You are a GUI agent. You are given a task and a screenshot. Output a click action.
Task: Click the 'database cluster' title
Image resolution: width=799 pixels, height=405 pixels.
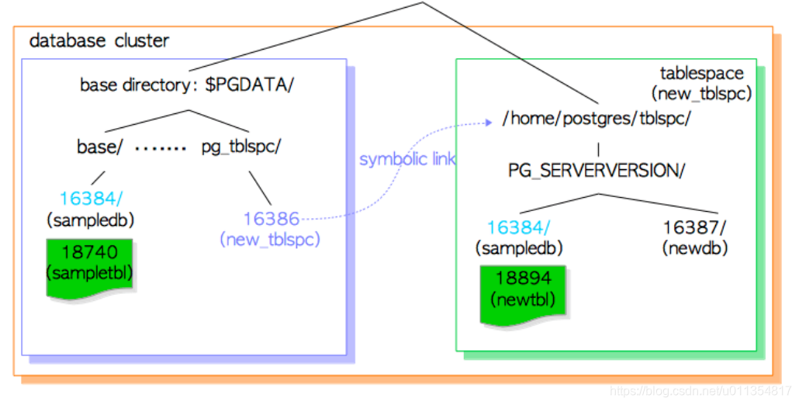tap(99, 40)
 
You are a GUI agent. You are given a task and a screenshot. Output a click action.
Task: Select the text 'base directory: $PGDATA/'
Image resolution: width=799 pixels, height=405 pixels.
tap(187, 85)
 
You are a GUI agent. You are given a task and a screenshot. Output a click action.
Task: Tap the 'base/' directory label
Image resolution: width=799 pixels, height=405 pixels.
tap(99, 147)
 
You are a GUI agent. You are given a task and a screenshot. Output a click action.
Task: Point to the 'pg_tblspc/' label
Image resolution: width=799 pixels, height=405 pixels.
tap(240, 147)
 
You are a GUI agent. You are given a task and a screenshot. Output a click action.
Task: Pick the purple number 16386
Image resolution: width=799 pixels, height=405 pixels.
tap(271, 220)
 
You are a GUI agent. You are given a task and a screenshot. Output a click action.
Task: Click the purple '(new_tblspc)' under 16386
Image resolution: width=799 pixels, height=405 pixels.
tap(271, 240)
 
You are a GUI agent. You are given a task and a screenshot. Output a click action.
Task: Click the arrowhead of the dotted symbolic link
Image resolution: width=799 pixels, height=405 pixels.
tap(489, 122)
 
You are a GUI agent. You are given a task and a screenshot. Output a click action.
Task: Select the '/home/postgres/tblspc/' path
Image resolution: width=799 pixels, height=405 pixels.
tap(596, 119)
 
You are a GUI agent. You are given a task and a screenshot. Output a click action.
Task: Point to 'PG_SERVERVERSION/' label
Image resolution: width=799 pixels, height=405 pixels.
tap(597, 171)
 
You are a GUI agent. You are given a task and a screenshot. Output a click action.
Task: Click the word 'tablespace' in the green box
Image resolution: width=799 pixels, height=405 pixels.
tap(701, 74)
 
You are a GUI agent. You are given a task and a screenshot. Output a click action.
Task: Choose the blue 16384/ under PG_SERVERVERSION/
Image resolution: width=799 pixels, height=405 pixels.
tap(518, 227)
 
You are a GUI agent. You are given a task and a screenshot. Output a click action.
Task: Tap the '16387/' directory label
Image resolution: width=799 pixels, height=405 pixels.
tap(695, 227)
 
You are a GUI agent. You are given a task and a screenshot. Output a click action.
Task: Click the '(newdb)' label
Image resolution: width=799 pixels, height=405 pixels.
tap(695, 248)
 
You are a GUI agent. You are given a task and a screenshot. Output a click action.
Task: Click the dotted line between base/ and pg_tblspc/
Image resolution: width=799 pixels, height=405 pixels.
tap(161, 147)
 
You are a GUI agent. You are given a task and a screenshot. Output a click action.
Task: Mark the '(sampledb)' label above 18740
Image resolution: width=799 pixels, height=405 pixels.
tap(90, 220)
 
